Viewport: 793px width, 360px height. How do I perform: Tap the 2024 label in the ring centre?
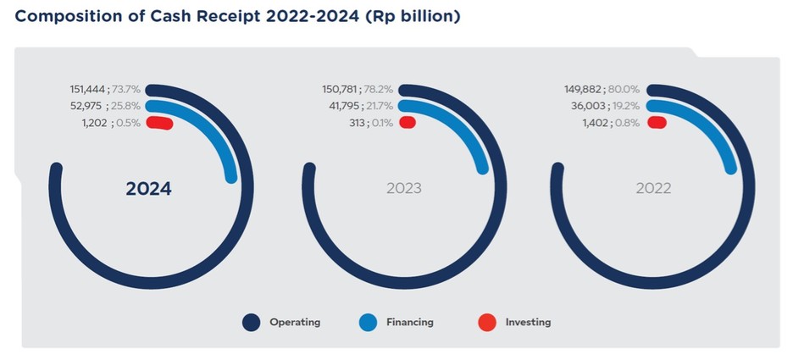[148, 189]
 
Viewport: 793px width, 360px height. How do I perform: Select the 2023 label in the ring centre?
[404, 188]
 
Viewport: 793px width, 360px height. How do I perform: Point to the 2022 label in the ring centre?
[653, 188]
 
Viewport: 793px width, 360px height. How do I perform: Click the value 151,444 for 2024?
[88, 88]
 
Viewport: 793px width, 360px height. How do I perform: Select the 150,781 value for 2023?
[341, 88]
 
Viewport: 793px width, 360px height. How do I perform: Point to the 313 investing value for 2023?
[357, 123]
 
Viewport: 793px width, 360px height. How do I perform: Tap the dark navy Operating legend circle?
[251, 322]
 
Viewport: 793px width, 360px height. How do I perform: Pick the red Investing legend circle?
[485, 322]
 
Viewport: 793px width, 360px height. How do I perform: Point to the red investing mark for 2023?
[408, 123]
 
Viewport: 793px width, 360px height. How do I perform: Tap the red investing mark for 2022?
[657, 123]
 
